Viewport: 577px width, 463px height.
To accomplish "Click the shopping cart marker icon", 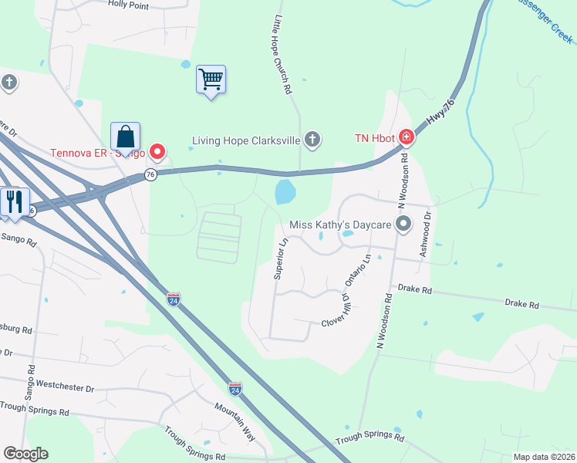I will (x=211, y=79).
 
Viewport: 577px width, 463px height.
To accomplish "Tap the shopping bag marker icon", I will (x=125, y=137).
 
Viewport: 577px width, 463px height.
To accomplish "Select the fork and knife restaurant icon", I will (x=15, y=201).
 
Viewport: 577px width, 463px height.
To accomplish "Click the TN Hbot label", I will (x=374, y=138).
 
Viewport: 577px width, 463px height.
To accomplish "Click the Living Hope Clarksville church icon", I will (x=312, y=140).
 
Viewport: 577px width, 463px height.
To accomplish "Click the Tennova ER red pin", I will (x=157, y=151).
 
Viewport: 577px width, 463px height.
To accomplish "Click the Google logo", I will (x=25, y=454).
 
